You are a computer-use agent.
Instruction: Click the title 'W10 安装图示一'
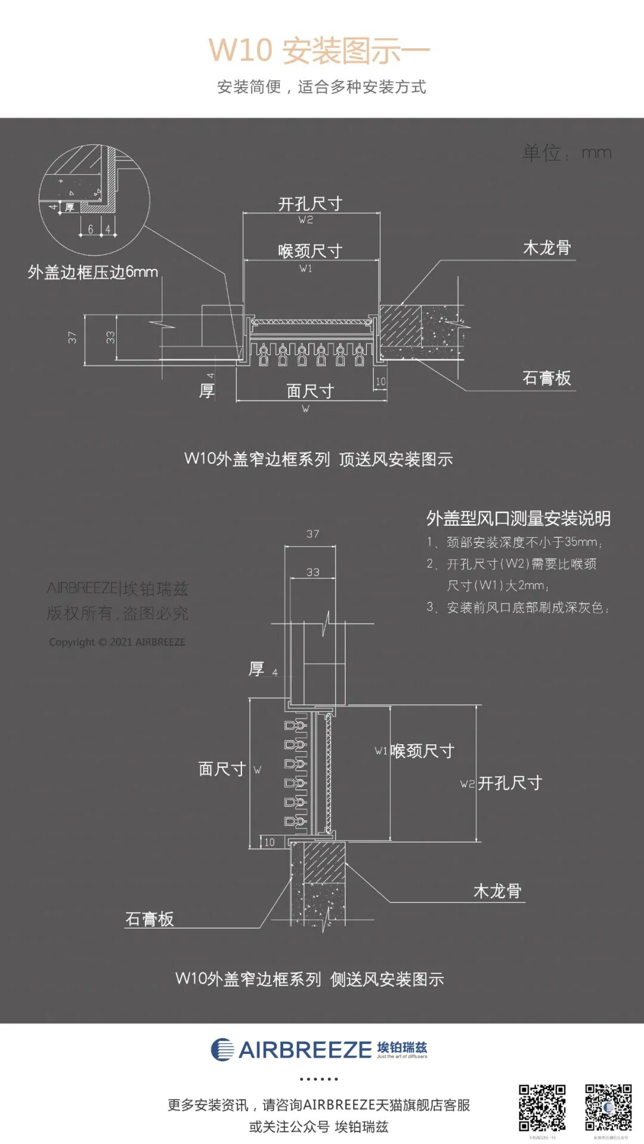319,50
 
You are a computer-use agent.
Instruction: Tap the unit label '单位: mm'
566,153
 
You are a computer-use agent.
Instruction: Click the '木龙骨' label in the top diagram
547,248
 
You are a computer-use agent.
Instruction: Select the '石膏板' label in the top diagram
546,378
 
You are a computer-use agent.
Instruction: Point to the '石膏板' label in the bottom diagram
149,918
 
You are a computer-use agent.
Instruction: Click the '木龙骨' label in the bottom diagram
497,891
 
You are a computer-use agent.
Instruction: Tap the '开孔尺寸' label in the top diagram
310,204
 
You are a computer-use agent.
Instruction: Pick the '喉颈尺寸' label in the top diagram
310,251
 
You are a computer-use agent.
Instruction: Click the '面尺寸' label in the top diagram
310,391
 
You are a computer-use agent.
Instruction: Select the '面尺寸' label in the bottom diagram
222,769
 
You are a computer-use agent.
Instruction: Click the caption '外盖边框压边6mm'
93,273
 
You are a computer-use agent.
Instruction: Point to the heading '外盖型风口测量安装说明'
518,518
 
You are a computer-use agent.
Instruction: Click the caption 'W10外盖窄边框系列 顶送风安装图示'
318,459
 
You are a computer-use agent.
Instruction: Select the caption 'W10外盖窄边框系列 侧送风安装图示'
309,979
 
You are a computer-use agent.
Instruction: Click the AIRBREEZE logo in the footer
319,1050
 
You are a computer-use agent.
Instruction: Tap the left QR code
541,1108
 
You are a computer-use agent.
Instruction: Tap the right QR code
608,1108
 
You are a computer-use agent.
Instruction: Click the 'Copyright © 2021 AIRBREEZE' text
117,642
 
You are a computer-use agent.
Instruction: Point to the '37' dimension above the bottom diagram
312,534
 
